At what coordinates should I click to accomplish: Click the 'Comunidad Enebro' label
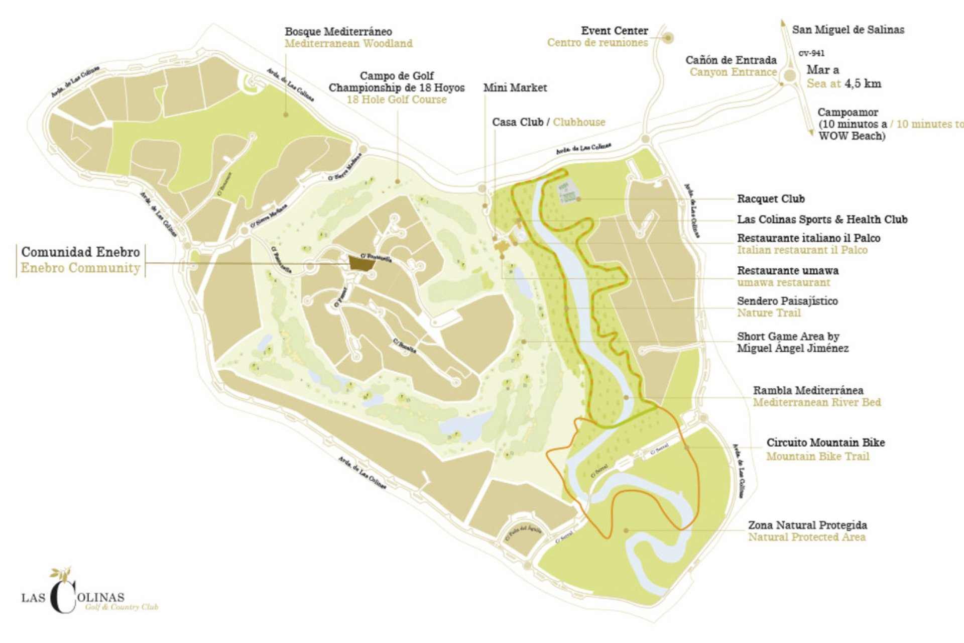click(80, 252)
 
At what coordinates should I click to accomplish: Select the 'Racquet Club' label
click(770, 199)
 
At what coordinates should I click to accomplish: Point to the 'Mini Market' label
click(515, 88)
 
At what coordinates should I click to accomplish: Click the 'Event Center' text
click(614, 31)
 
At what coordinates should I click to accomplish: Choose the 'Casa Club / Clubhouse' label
click(548, 122)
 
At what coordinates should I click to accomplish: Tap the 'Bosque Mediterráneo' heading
click(338, 32)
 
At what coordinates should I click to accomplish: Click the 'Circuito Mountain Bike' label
click(825, 443)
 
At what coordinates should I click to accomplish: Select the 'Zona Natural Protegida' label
click(807, 525)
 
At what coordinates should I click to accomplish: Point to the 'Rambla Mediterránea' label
click(808, 390)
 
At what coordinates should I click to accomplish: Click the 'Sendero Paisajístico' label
click(787, 301)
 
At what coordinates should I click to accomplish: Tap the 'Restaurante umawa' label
click(787, 270)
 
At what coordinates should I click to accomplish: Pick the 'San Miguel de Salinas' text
click(848, 30)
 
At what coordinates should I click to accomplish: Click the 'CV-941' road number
click(811, 53)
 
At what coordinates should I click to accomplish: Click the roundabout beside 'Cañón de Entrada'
click(790, 76)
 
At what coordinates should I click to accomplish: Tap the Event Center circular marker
click(668, 38)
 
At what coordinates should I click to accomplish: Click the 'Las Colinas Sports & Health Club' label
click(821, 220)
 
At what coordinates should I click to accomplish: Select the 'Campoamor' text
click(848, 113)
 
